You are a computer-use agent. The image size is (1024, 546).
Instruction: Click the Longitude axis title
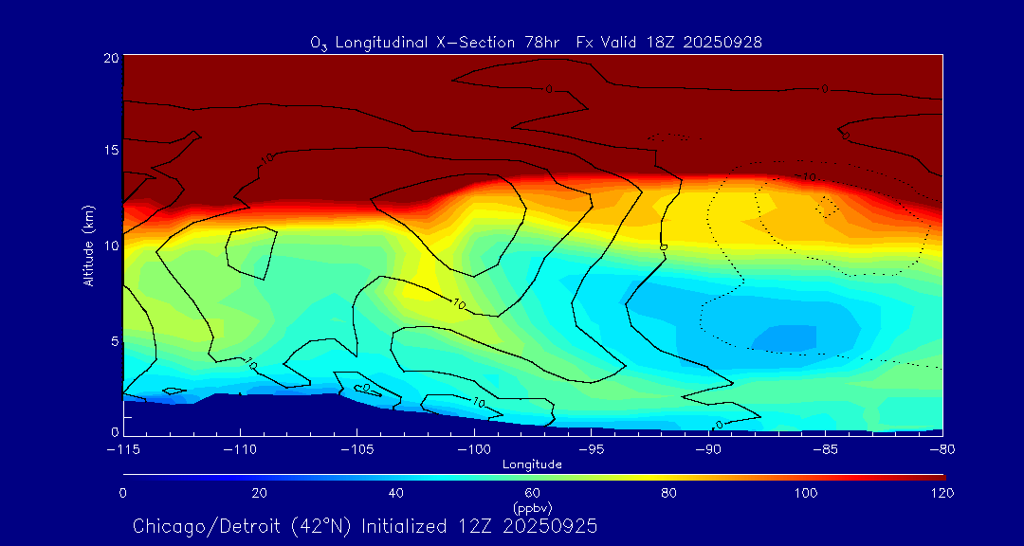(x=532, y=464)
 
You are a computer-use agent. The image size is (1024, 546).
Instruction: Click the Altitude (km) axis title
(x=88, y=246)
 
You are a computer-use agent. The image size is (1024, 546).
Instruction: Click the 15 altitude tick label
(x=111, y=151)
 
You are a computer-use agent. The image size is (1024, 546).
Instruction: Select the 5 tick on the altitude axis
(x=114, y=339)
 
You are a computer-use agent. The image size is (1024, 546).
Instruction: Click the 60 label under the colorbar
(x=533, y=493)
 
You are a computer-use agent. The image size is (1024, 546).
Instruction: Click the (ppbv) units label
(x=532, y=508)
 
